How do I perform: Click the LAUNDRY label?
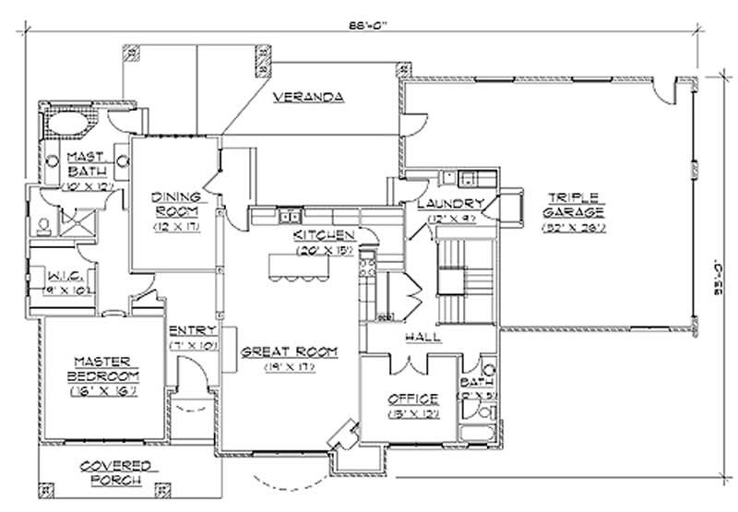[x=452, y=204]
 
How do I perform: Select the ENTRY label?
[x=193, y=330]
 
